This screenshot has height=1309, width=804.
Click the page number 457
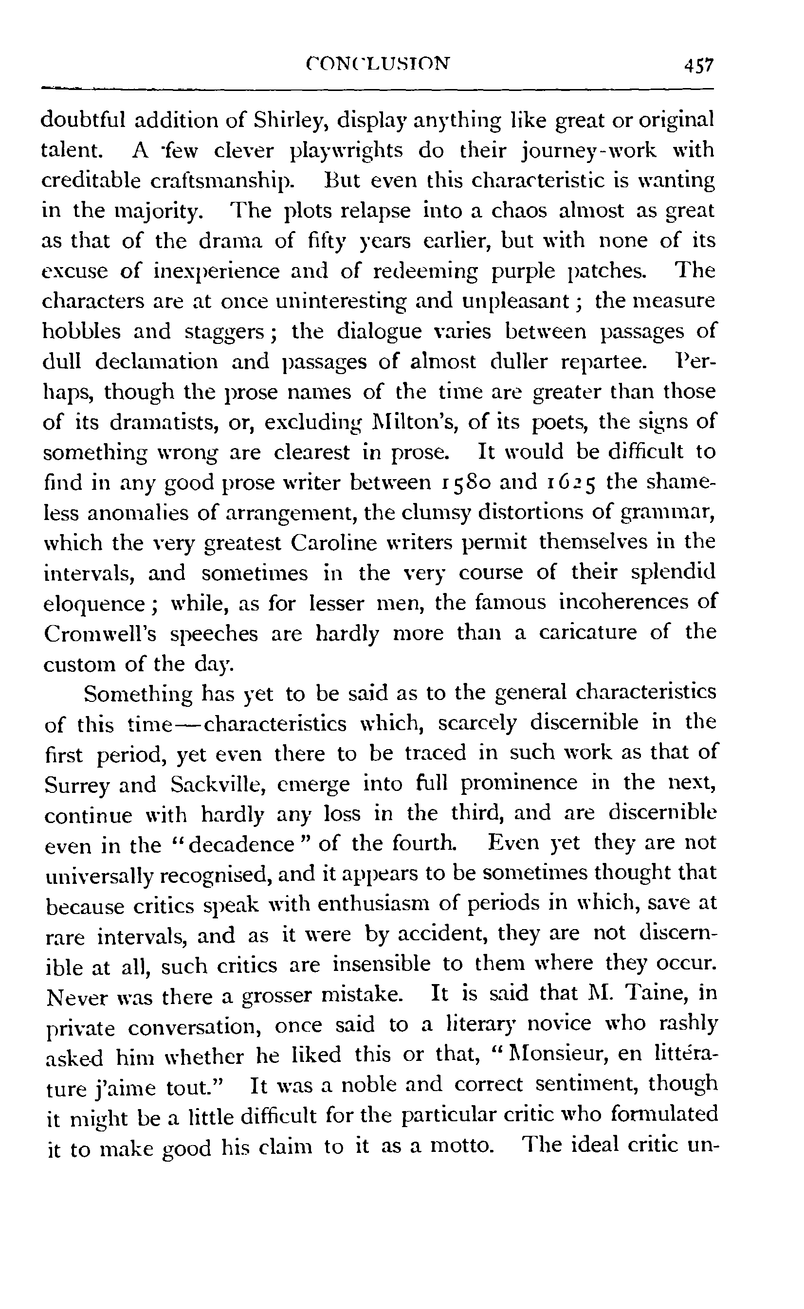pos(699,66)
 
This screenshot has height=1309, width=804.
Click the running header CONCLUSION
pos(378,64)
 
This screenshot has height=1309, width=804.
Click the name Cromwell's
pos(100,634)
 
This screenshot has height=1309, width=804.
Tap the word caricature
pos(587,633)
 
